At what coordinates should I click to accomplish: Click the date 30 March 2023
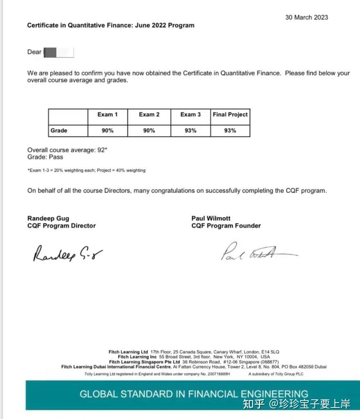click(x=306, y=17)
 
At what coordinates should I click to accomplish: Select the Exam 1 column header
click(x=107, y=115)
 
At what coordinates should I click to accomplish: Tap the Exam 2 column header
click(x=149, y=115)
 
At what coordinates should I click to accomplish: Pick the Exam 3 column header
click(x=190, y=115)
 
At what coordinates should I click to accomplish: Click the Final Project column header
click(x=230, y=115)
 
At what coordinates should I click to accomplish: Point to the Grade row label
click(x=59, y=131)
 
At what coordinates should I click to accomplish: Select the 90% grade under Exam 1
click(x=107, y=131)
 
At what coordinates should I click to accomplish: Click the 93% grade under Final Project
click(x=230, y=131)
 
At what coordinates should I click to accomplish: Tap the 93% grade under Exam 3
click(x=190, y=131)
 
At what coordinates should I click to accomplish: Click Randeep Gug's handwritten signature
click(x=67, y=254)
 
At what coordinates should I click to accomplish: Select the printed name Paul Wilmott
click(x=211, y=218)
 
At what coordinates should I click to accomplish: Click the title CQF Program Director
click(x=62, y=226)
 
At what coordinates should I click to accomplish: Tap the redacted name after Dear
click(x=59, y=52)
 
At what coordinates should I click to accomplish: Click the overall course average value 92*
click(x=102, y=150)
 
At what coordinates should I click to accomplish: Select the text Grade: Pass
click(x=45, y=157)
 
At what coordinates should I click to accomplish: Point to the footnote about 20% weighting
click(x=86, y=170)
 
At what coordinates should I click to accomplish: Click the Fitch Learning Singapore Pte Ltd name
click(x=144, y=362)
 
